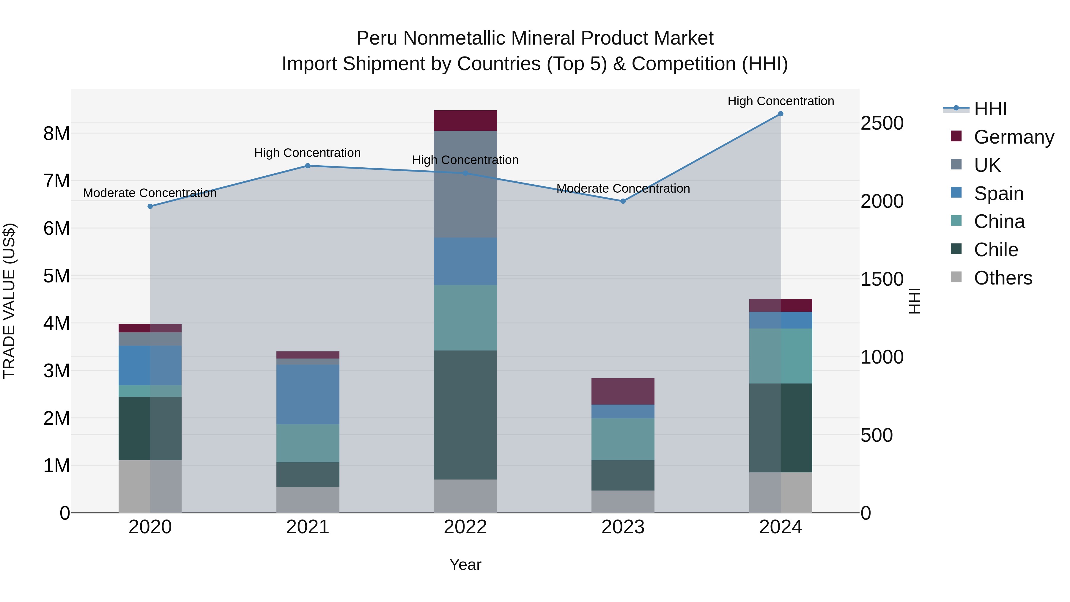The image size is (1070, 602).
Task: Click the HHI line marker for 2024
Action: pyautogui.click(x=781, y=114)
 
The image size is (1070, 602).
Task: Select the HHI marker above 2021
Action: pyautogui.click(x=308, y=166)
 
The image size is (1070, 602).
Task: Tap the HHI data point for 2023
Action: pyautogui.click(x=623, y=201)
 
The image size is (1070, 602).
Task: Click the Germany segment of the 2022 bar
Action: pyautogui.click(x=465, y=120)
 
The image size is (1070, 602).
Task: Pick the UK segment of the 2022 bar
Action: pyautogui.click(x=465, y=184)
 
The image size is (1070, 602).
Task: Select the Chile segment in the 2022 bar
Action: pyautogui.click(x=465, y=415)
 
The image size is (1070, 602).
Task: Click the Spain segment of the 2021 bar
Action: pyautogui.click(x=308, y=394)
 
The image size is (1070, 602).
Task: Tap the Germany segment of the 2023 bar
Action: pyautogui.click(x=623, y=391)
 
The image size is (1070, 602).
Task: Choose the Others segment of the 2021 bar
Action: pyautogui.click(x=308, y=500)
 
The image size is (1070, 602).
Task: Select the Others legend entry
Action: pyautogui.click(x=1003, y=278)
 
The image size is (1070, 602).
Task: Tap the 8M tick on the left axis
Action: pyautogui.click(x=56, y=134)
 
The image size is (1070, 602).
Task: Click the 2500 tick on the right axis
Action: pyautogui.click(x=882, y=123)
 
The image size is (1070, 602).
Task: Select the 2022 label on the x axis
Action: pyautogui.click(x=465, y=527)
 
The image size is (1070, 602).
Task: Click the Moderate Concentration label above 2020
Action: pyautogui.click(x=150, y=193)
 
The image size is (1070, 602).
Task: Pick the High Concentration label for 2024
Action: pyautogui.click(x=781, y=101)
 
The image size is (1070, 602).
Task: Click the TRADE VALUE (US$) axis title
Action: pyautogui.click(x=9, y=301)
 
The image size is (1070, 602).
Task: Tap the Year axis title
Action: pyautogui.click(x=465, y=565)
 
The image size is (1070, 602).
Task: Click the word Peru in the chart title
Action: pyautogui.click(x=377, y=39)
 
